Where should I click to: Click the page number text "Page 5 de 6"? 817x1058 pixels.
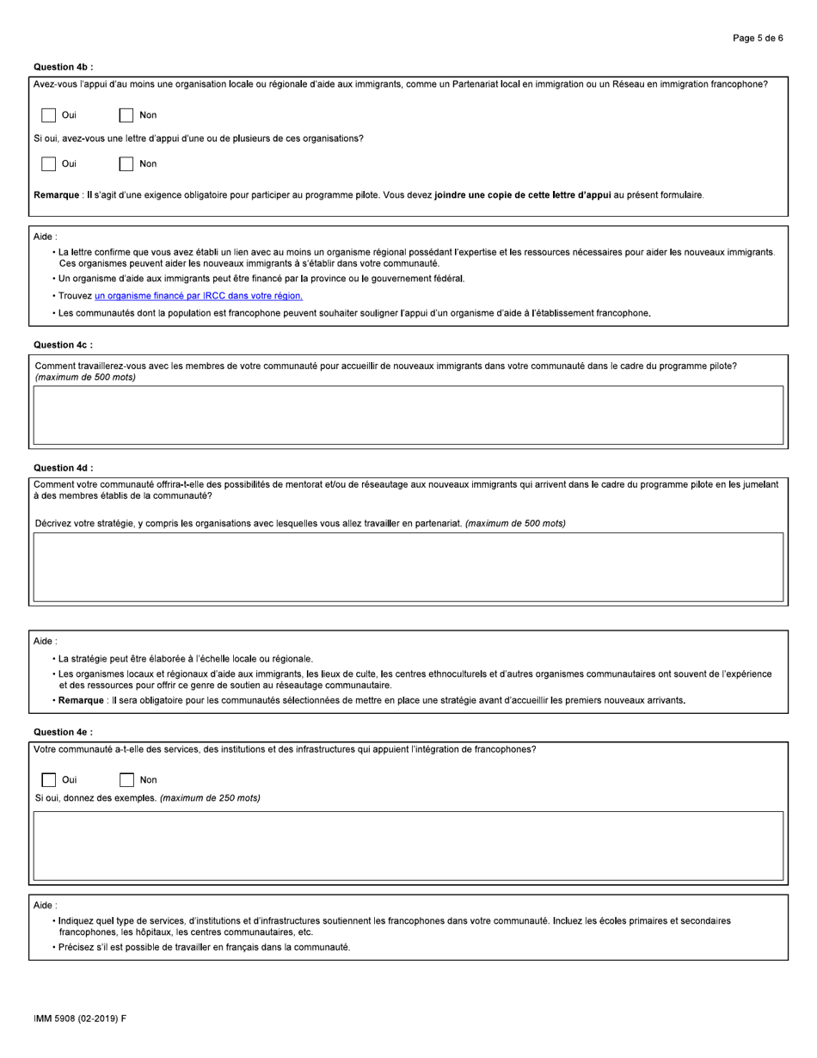[x=757, y=38]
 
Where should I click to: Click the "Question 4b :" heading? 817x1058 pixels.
[x=64, y=66]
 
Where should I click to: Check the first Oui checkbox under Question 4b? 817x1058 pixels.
[x=49, y=115]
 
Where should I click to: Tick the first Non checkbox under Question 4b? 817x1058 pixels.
[x=126, y=115]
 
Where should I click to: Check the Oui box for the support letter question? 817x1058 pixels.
[x=49, y=163]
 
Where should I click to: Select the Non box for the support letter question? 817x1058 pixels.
[x=126, y=163]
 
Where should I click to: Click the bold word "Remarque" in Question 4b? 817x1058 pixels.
[x=57, y=195]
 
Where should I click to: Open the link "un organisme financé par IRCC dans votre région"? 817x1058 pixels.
[x=199, y=296]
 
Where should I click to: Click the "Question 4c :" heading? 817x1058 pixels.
[x=64, y=345]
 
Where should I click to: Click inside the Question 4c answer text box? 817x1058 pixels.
[x=408, y=415]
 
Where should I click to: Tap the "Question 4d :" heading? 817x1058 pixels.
[x=64, y=468]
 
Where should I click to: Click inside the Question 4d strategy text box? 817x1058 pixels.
[x=408, y=567]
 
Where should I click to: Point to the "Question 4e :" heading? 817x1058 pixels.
[x=64, y=732]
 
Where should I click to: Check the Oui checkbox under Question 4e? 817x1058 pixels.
[x=49, y=780]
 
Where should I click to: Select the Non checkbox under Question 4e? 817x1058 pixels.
[x=126, y=780]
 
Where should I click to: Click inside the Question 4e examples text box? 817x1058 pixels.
[x=408, y=846]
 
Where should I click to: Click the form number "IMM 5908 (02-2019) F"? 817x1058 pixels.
[x=80, y=1019]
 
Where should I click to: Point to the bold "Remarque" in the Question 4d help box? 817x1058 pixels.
[x=83, y=700]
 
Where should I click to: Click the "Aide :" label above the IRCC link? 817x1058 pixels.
[x=46, y=236]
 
